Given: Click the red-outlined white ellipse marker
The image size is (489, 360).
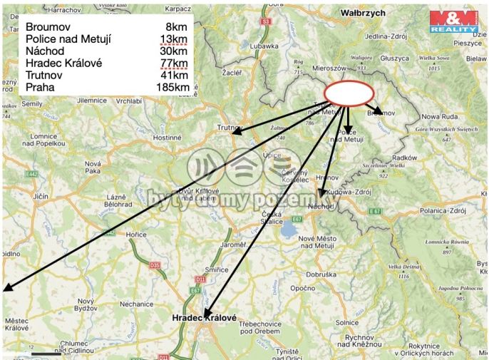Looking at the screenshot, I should (x=349, y=93).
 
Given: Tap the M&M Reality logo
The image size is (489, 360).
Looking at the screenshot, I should (x=453, y=21).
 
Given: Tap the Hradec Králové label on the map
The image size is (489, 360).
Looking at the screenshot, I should (x=207, y=317).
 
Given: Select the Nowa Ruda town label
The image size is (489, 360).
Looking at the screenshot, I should (x=440, y=116).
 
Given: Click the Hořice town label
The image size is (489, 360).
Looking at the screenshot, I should (x=136, y=234).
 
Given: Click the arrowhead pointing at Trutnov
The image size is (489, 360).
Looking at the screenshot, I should (x=233, y=132).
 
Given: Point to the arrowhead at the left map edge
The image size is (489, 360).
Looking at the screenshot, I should (x=6, y=289).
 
